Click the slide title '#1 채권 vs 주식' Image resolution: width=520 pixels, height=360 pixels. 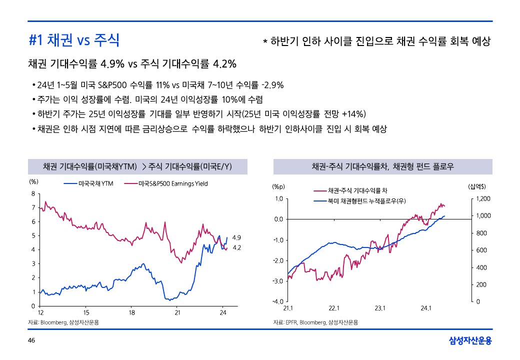coord(74,40)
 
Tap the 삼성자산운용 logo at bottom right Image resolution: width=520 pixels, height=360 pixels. coord(470,341)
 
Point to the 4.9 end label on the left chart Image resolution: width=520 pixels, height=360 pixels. coord(237,237)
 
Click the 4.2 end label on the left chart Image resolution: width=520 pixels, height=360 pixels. coord(237,247)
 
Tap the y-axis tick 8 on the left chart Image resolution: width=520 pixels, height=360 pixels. coord(32,193)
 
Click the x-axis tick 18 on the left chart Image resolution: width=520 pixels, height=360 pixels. coord(131,313)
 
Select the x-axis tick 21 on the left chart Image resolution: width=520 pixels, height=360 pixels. coord(177,313)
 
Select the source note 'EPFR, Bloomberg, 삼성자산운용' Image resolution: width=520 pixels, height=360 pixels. coord(315,322)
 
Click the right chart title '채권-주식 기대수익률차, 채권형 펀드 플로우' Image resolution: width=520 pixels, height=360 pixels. coord(382,166)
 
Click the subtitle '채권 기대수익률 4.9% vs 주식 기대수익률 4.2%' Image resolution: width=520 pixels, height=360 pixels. coord(132,64)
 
